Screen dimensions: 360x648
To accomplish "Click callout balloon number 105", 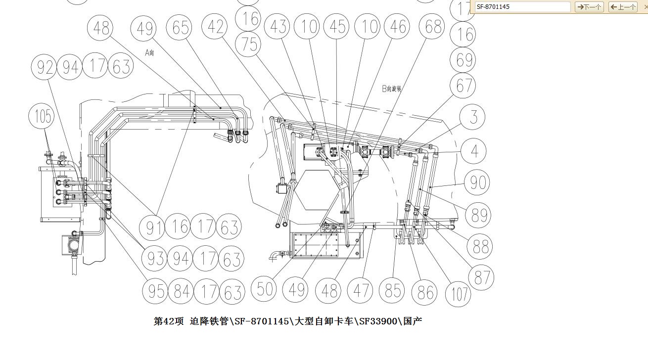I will coord(43,117).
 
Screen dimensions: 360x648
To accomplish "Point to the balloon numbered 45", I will coord(337,27).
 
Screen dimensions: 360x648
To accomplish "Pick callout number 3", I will coord(473,118).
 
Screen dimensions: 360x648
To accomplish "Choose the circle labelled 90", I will coord(477,182).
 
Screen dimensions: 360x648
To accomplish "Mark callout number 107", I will coord(458,294).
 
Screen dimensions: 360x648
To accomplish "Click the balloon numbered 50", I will coord(265,289).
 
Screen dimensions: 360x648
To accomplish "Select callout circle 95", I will coord(156,291).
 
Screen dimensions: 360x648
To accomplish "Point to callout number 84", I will coord(182,292).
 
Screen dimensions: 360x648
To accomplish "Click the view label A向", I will coord(149,52).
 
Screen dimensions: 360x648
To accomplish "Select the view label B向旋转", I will coord(391,89).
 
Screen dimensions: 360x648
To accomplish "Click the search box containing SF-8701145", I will coord(522,7).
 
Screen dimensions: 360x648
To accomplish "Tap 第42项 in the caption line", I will coord(168,321).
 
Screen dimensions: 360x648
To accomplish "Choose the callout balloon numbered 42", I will coord(216,28).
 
